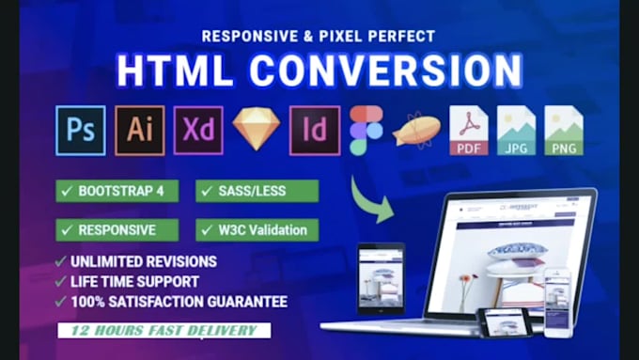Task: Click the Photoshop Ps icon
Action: coord(80,130)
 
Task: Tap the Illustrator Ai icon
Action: coord(139,130)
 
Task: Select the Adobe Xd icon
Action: coord(197,130)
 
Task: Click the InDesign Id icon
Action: coord(314,130)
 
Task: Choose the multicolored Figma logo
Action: coord(366,130)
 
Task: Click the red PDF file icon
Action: coord(468,130)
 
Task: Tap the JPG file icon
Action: coord(516,130)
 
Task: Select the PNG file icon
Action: coord(564,130)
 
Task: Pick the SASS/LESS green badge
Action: coord(257,191)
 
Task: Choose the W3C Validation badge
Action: coord(257,229)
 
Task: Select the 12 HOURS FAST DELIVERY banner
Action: coord(162,331)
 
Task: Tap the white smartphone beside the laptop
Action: coord(557,301)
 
